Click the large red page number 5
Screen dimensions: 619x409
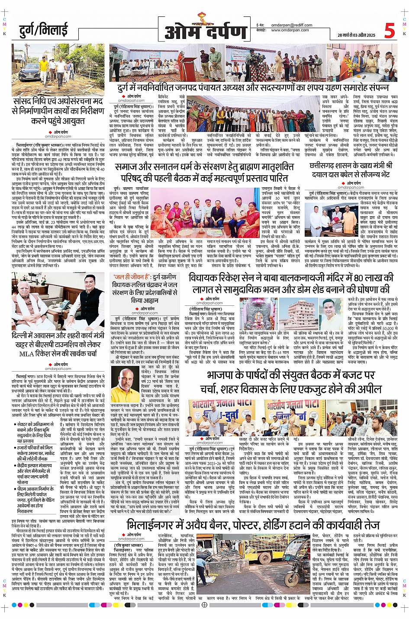[389, 31]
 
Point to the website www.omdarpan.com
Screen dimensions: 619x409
[290, 30]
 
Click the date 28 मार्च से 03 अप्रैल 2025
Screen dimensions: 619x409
[356, 35]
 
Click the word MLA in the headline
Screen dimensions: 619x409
[26, 353]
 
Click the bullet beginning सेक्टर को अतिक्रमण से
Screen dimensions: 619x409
[39, 424]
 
